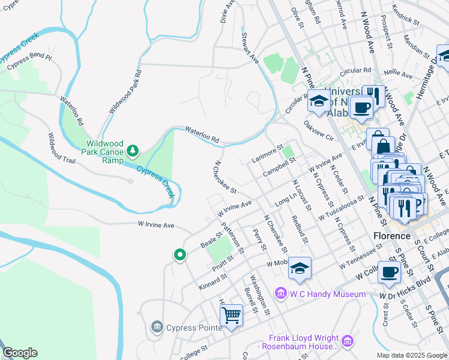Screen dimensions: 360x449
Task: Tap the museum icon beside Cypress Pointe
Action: pyautogui.click(x=157, y=326)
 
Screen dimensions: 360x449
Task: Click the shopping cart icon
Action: pyautogui.click(x=231, y=314)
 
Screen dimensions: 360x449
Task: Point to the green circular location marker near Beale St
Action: pyautogui.click(x=179, y=256)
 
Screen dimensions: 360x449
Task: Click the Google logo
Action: pyautogui.click(x=20, y=353)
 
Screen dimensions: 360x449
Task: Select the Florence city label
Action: pyautogui.click(x=391, y=236)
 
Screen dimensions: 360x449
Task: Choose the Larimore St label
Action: pyautogui.click(x=265, y=153)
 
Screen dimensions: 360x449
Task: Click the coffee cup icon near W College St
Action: pyautogui.click(x=389, y=271)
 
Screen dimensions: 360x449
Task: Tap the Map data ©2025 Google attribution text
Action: pyautogui.click(x=411, y=355)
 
